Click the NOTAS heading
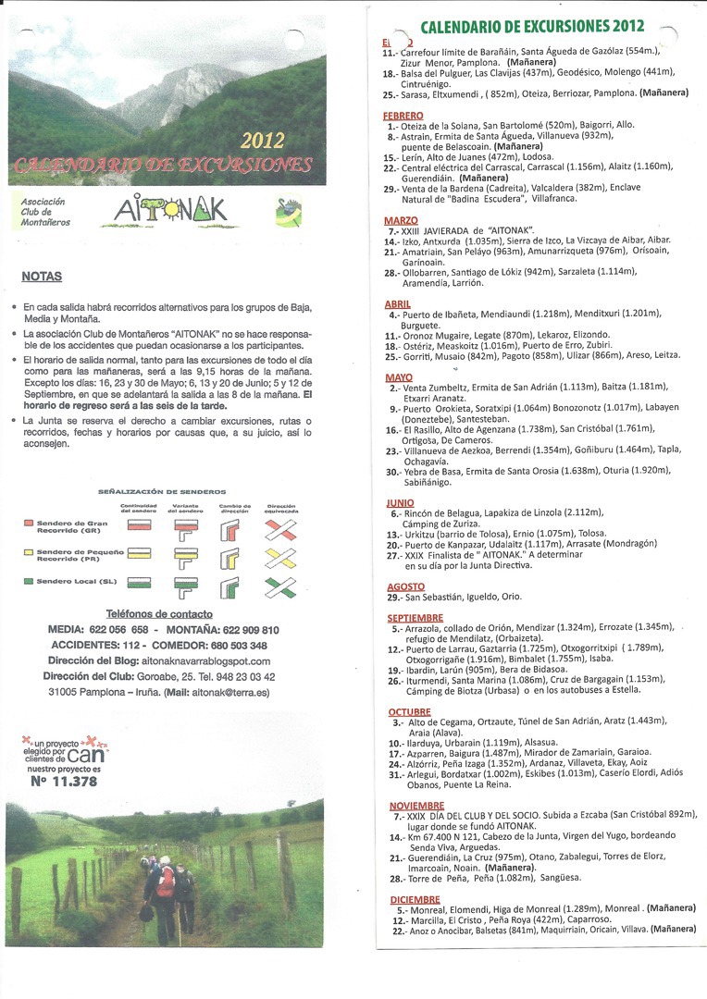tap(42, 276)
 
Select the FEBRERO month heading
tap(403, 115)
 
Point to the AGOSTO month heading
tap(404, 586)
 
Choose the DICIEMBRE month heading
tap(414, 899)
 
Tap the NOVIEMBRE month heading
tap(416, 806)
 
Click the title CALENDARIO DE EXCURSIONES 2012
tap(532, 27)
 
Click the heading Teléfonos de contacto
tap(159, 613)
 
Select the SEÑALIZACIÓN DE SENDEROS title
tap(161, 492)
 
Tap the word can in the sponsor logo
tap(82, 753)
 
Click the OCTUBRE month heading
tap(408, 711)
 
